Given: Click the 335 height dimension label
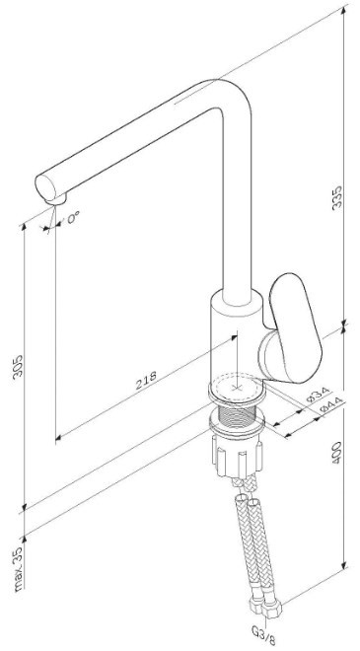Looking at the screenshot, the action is point(337,197).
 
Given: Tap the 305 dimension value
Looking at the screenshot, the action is point(19,366).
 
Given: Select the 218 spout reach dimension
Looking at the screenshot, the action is point(147,380).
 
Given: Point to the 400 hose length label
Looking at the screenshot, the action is point(337,452).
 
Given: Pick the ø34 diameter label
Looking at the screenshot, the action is point(320,395).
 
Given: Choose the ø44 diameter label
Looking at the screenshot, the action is point(332,404).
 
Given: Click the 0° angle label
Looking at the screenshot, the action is point(73,218).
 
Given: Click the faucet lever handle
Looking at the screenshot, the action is point(294,327).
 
